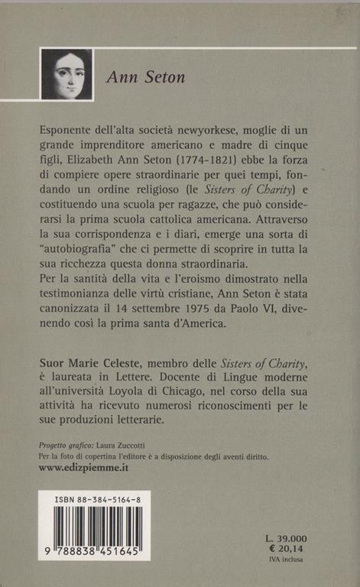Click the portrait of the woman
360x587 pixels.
click(66, 74)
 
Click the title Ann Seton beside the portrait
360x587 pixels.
click(145, 77)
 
